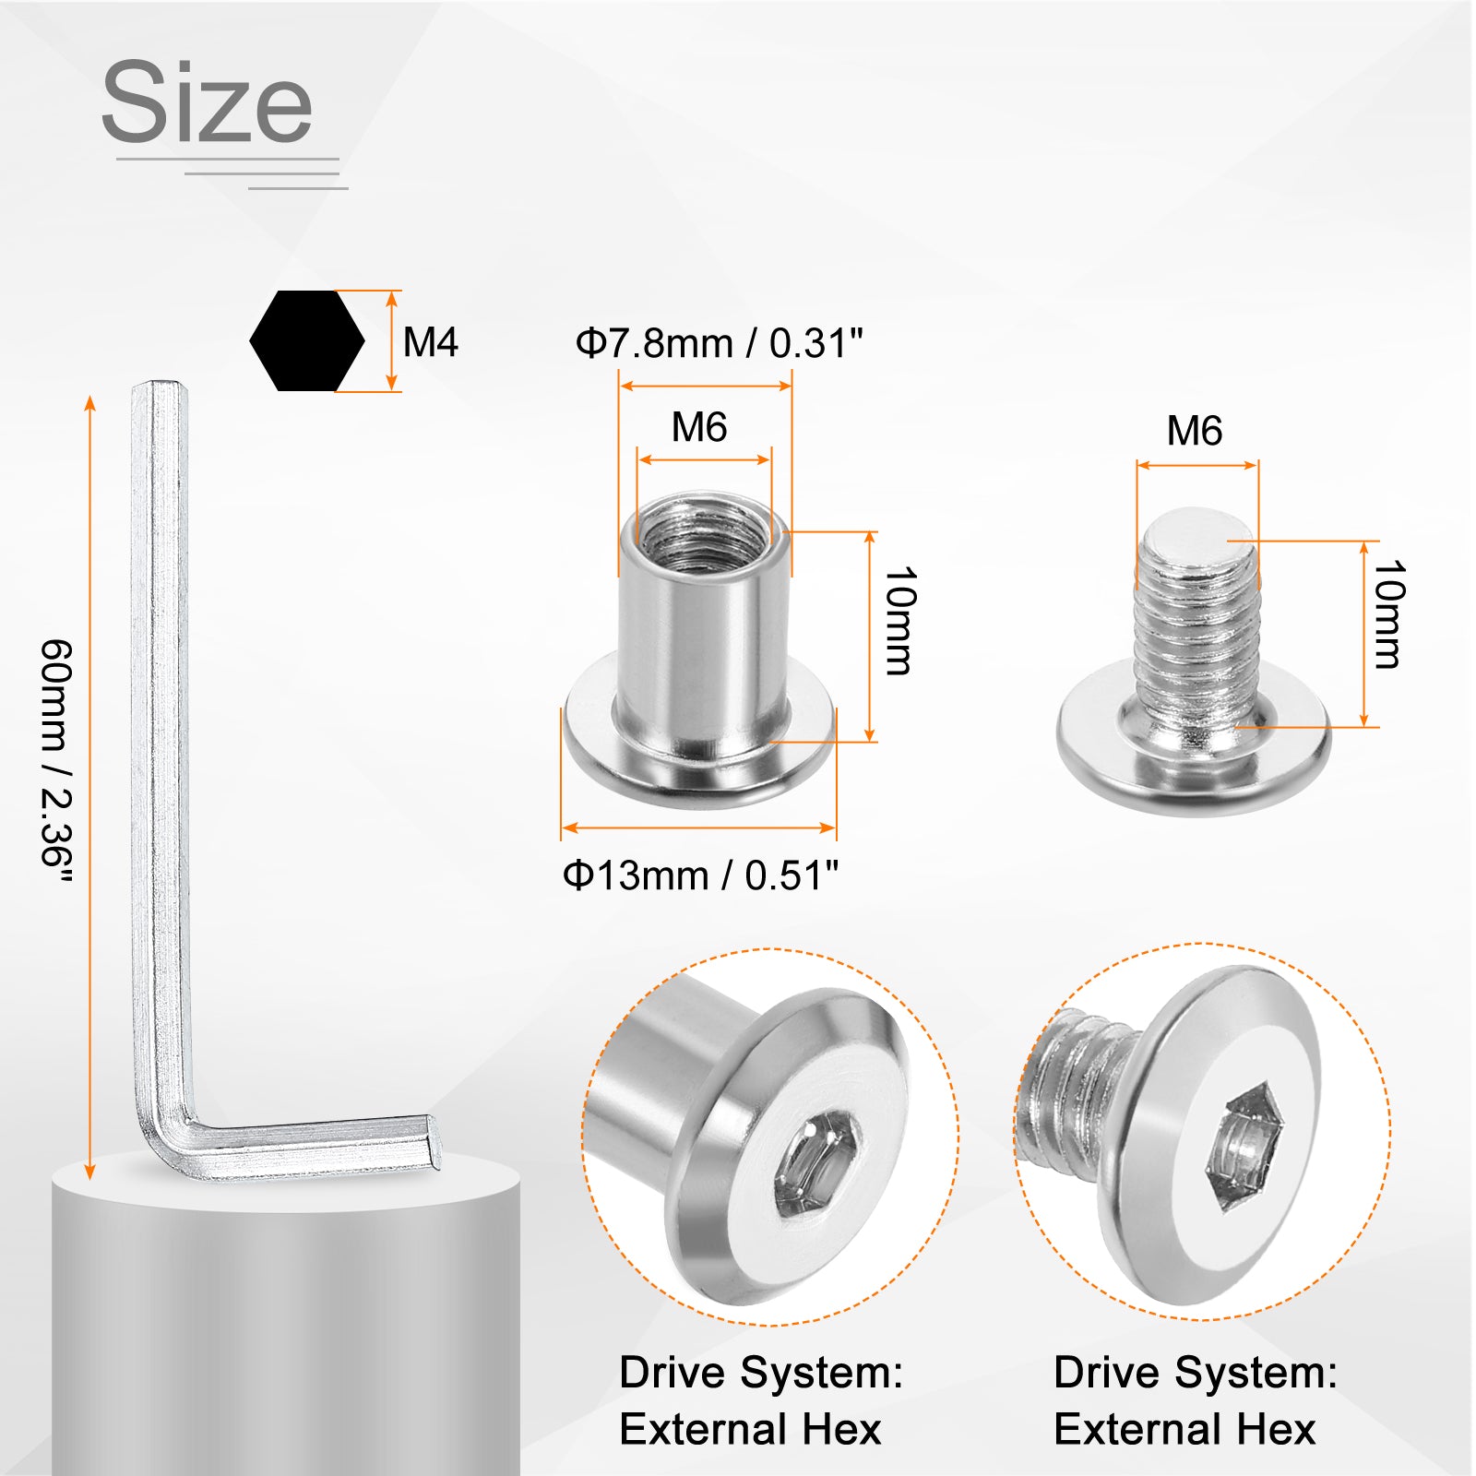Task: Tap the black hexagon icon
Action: (307, 340)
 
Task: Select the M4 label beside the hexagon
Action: (431, 342)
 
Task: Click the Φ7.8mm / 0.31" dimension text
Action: (719, 343)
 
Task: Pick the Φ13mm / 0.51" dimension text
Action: (700, 875)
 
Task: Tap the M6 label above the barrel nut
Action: (699, 427)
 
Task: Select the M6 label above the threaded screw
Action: (1195, 431)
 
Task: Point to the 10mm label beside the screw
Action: (1388, 613)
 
